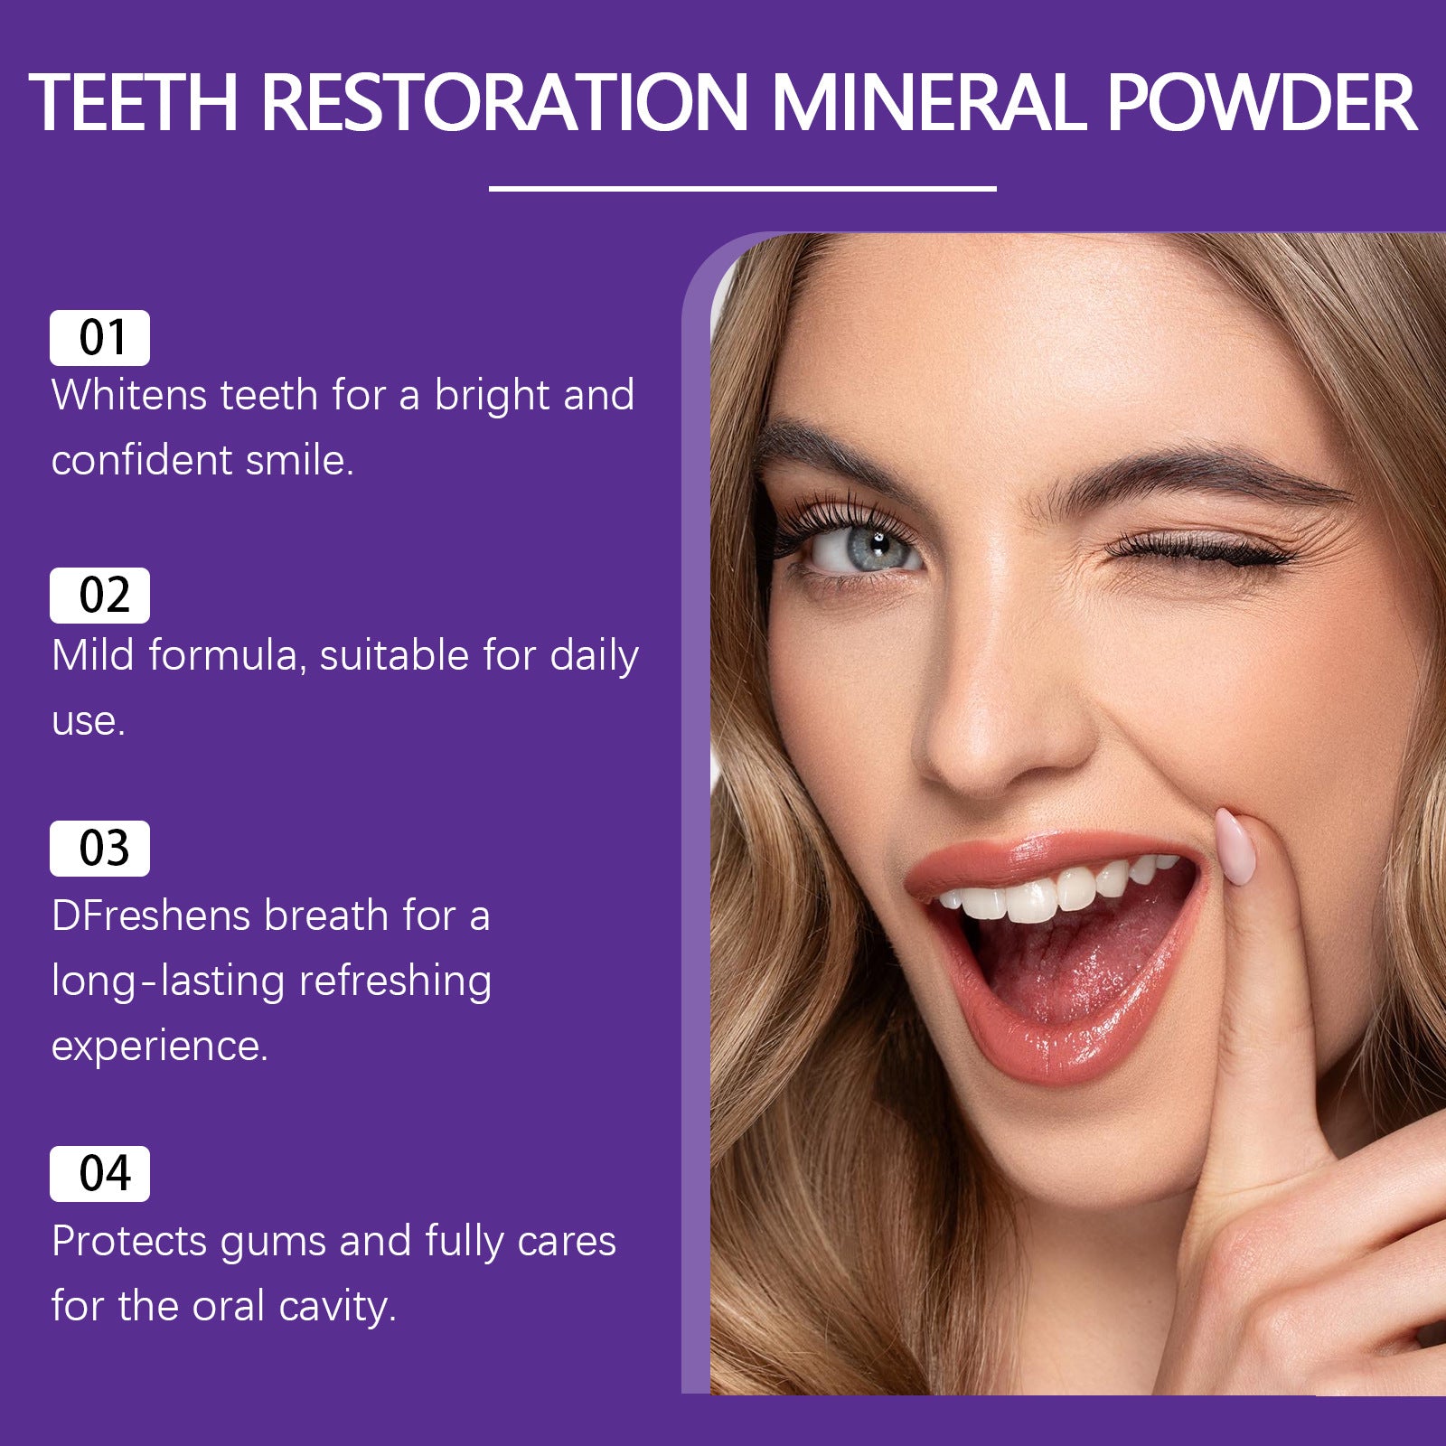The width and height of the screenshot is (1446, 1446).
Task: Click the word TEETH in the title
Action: coord(134,102)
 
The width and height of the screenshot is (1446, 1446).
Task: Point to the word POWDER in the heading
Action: coord(1261,102)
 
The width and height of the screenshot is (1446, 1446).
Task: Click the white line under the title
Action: coord(742,189)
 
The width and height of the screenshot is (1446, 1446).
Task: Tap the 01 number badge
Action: coord(99,338)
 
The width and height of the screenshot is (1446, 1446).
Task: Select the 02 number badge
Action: coord(99,596)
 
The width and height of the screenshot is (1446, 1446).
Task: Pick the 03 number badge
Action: coord(99,849)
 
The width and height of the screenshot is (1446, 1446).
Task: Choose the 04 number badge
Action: coord(99,1174)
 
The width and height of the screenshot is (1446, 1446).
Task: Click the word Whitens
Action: coord(128,395)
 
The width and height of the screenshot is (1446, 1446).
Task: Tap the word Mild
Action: coord(93,655)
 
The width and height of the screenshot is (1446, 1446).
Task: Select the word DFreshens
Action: coord(150,915)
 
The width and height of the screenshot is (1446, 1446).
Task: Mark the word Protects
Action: coord(129,1241)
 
